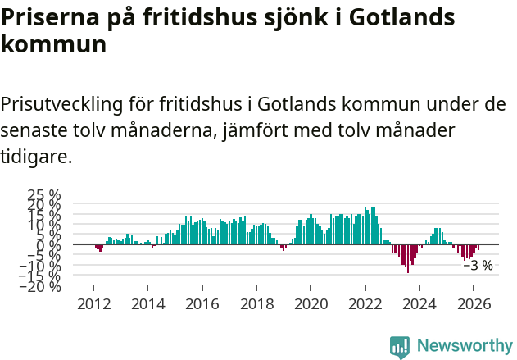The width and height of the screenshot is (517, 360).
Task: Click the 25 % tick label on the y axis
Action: [x=43, y=195]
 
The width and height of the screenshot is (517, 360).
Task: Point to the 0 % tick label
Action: [x=49, y=244]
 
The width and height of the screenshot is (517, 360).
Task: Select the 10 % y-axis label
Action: [x=43, y=225]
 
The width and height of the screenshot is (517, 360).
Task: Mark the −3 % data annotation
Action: [x=478, y=266]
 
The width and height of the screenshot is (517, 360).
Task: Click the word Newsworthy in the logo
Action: [x=465, y=346]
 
